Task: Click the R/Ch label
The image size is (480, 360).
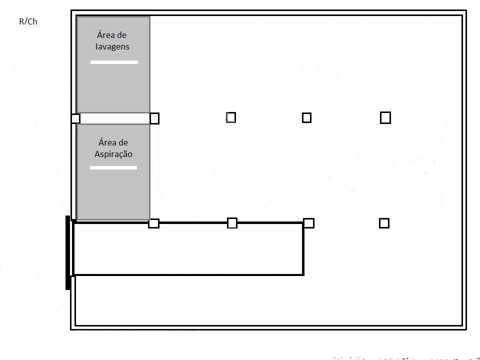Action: click(x=28, y=21)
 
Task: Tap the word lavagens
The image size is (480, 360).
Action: click(x=112, y=47)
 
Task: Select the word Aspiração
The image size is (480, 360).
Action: click(x=113, y=154)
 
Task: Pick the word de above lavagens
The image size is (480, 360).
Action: click(x=120, y=35)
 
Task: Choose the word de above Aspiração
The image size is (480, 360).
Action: click(x=122, y=142)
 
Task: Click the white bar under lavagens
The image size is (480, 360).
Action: click(x=114, y=62)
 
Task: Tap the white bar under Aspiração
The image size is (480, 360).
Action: click(x=113, y=167)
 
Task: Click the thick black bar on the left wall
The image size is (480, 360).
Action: click(x=68, y=252)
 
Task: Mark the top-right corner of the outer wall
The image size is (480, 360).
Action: click(x=466, y=10)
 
